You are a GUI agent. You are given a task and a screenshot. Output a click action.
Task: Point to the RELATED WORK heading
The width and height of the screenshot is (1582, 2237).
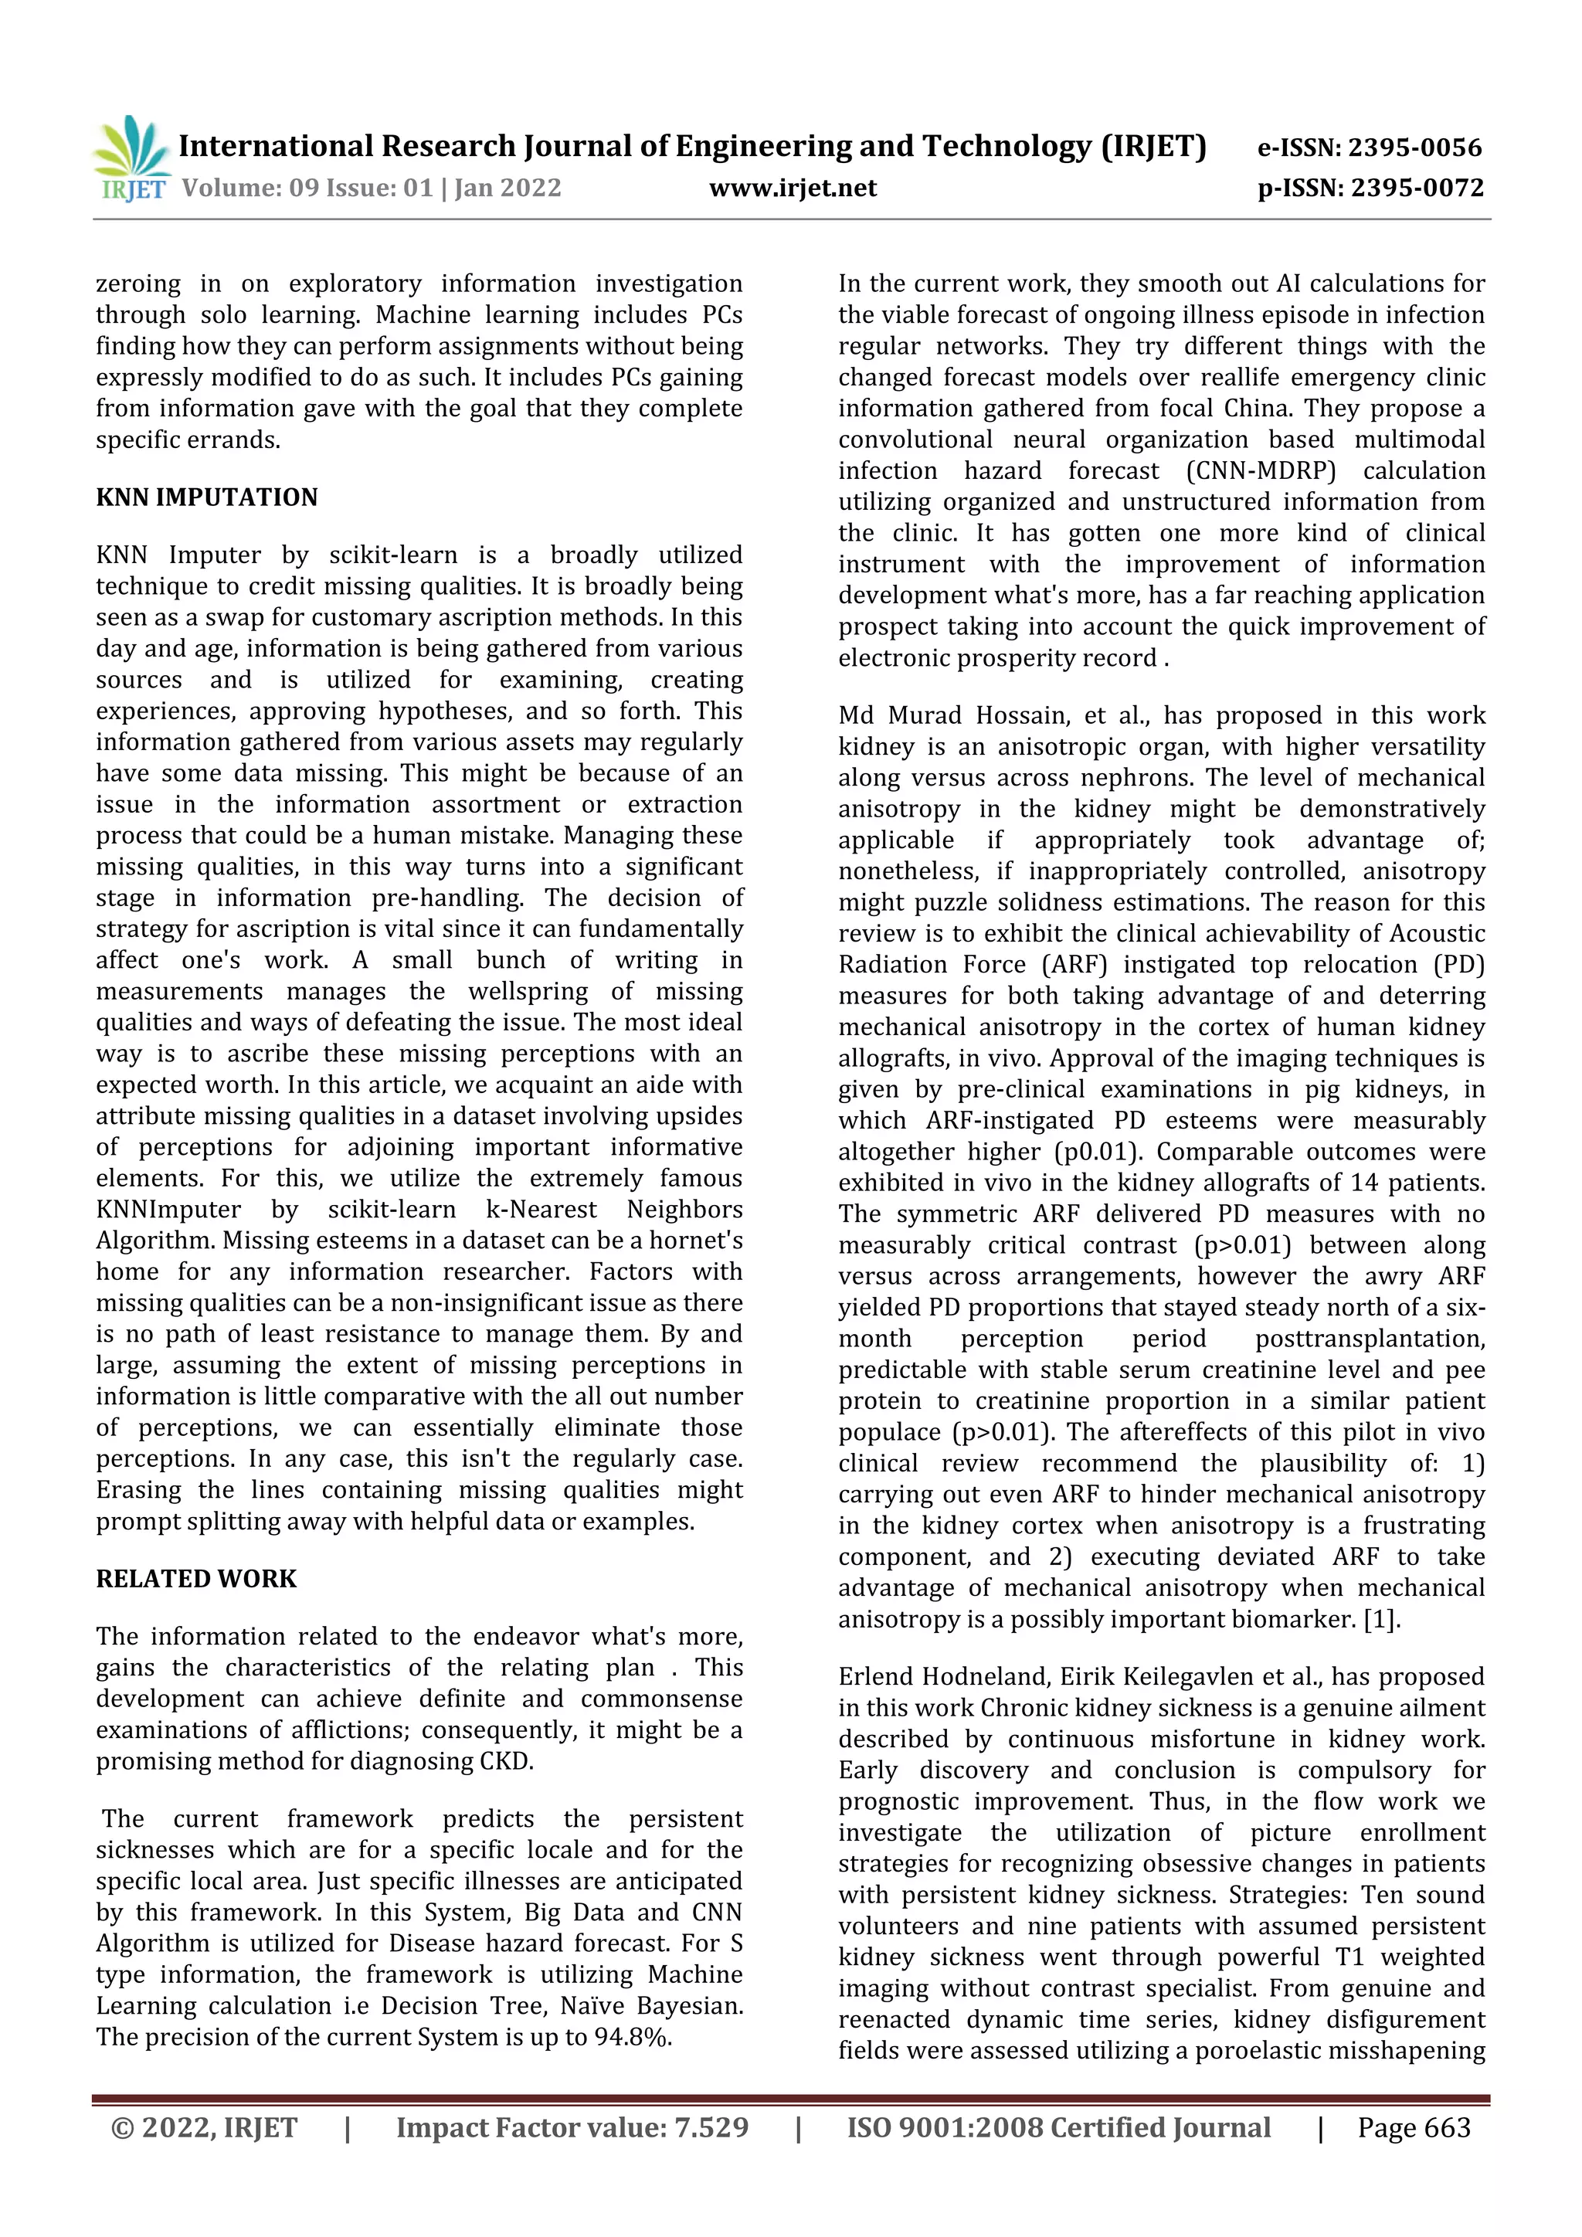coord(195,1578)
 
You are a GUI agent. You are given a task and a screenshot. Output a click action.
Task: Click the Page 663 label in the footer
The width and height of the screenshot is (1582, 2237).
coord(1414,2128)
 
